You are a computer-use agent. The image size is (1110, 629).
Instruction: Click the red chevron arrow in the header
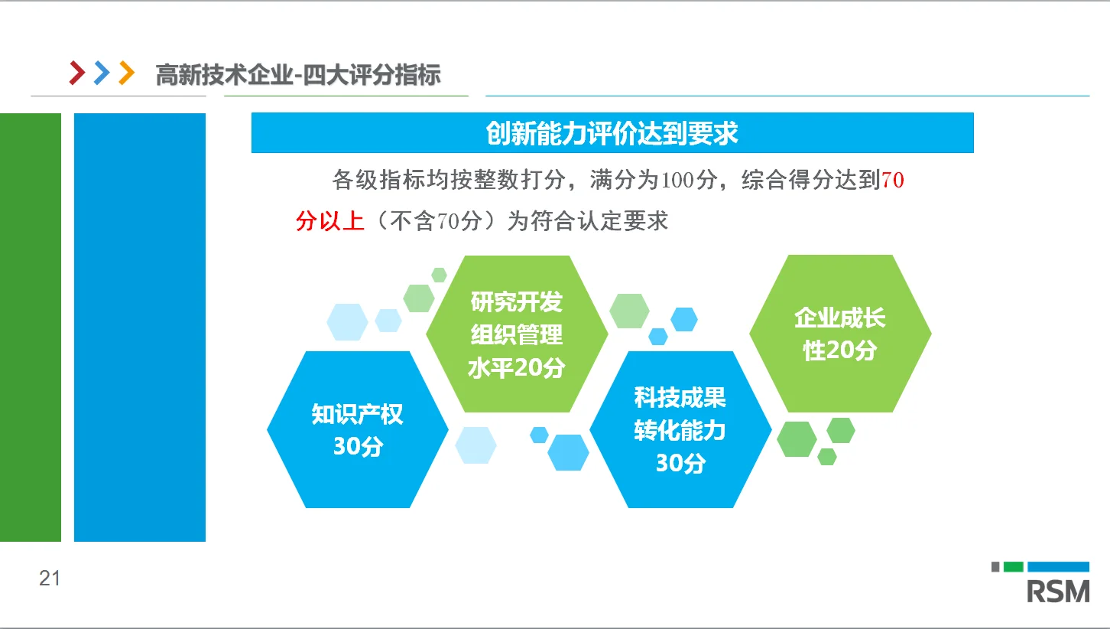tap(77, 73)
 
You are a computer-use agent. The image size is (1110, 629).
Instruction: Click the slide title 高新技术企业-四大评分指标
tap(298, 75)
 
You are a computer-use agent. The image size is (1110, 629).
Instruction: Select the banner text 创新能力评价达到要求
tap(612, 133)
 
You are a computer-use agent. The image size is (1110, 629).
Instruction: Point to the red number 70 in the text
tap(893, 181)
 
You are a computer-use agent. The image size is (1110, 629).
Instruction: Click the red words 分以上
tap(330, 221)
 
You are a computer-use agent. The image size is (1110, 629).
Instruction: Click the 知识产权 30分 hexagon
tap(357, 429)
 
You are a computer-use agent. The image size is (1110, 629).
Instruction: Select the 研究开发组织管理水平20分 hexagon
tap(517, 334)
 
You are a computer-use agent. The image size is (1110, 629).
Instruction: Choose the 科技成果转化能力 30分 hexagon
tap(680, 429)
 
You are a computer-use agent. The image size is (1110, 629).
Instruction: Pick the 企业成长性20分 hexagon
tap(839, 334)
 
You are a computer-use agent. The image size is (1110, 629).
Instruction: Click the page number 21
tap(50, 578)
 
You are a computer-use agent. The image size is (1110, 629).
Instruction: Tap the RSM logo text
tap(1058, 592)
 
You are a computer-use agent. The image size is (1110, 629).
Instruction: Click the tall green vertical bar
tap(30, 328)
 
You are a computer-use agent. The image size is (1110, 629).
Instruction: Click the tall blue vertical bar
tap(140, 328)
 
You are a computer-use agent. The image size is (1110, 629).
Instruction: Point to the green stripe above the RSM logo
tap(1013, 567)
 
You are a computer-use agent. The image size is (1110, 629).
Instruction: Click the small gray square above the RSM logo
tap(996, 567)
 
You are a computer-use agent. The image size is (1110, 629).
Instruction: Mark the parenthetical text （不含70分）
tap(436, 221)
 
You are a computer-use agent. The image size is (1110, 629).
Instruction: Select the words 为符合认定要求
tap(588, 221)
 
